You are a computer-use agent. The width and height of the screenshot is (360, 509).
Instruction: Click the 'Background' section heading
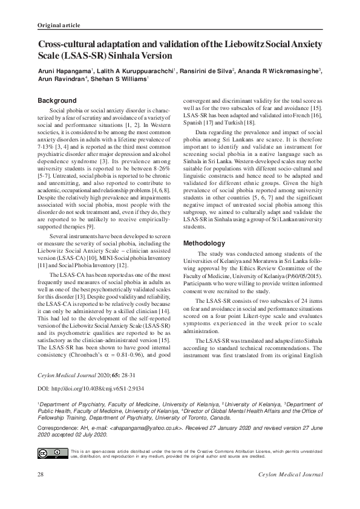coord(57,100)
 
